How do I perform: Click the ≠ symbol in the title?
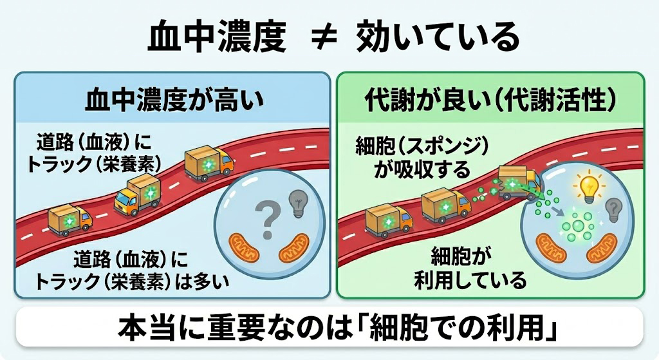click(x=320, y=39)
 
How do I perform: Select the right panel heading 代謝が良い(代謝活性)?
click(x=490, y=101)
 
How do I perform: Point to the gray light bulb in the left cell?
click(x=298, y=202)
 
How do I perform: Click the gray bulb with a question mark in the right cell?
click(x=613, y=209)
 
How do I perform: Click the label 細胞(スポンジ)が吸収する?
click(x=413, y=158)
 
